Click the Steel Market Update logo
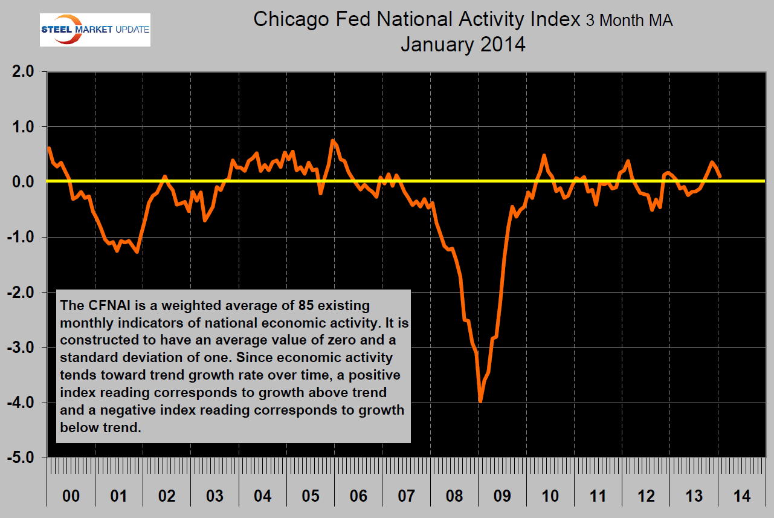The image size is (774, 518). [x=95, y=30]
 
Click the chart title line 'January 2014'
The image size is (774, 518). [x=462, y=44]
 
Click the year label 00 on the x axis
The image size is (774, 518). [x=71, y=497]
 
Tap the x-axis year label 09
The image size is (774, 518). [x=503, y=497]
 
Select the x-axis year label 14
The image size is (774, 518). [x=743, y=497]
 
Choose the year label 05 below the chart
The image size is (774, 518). [x=311, y=497]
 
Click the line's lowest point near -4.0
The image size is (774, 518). [x=480, y=401]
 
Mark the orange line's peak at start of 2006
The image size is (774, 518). [x=333, y=141]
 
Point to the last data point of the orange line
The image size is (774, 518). [x=719, y=176]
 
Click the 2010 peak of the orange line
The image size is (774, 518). [x=544, y=155]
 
